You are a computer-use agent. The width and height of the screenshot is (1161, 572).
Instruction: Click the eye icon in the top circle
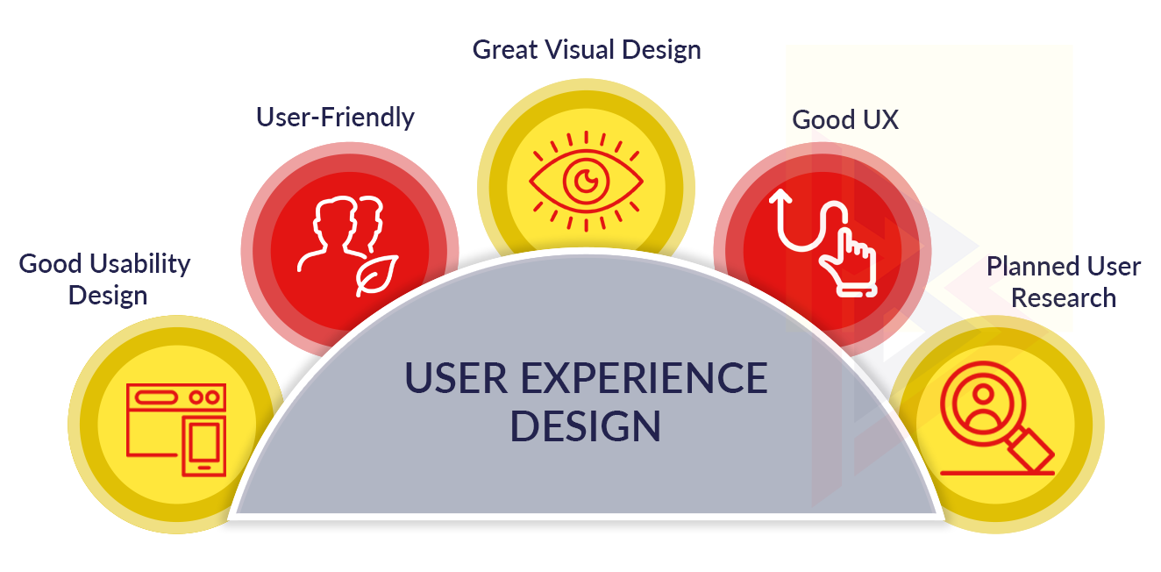tap(587, 182)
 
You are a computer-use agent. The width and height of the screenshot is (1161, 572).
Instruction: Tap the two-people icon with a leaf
tap(348, 247)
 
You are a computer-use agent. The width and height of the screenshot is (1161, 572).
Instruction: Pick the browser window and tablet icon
tap(176, 430)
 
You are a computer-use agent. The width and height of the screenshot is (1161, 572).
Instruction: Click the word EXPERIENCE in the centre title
tap(645, 379)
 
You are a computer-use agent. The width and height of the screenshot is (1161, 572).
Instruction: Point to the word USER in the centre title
tap(456, 379)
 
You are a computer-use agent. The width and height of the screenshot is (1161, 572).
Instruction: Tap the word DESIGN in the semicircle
tap(586, 426)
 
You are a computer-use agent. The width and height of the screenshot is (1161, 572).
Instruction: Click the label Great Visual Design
tap(587, 51)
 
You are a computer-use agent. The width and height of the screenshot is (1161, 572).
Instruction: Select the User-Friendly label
tap(335, 118)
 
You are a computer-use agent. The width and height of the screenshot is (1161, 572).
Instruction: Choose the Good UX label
tap(845, 120)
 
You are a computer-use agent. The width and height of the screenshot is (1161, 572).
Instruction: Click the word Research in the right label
tap(1064, 298)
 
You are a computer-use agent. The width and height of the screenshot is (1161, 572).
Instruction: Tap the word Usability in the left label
tap(140, 265)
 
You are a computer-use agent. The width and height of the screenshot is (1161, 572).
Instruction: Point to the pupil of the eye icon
tap(587, 181)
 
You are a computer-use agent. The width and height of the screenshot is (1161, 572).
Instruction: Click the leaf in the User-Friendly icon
tap(377, 275)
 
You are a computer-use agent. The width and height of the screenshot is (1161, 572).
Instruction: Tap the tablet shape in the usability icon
tap(204, 447)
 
